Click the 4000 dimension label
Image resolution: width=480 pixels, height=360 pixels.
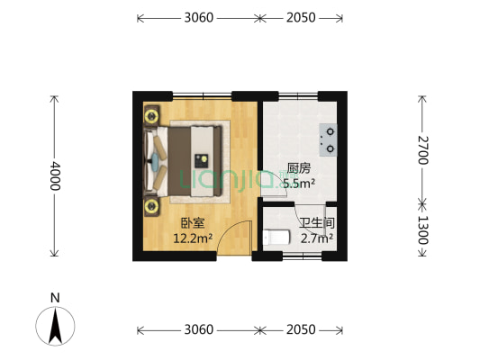[55, 175]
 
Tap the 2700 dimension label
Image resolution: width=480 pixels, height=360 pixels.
[423, 150]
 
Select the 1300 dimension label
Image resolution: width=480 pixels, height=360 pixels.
[423, 232]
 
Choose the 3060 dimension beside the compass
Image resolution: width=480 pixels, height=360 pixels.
[197, 330]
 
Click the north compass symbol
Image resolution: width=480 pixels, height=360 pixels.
[55, 326]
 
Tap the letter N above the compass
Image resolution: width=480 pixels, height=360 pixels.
[55, 297]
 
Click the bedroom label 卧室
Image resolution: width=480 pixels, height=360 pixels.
[192, 224]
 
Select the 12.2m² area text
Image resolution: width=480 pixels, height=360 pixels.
[192, 238]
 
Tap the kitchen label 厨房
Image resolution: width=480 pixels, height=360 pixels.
[298, 168]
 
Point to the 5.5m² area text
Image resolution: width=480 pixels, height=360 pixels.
[298, 184]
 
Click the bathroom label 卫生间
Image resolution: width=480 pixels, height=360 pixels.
[317, 223]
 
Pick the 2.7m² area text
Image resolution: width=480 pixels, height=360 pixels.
[317, 238]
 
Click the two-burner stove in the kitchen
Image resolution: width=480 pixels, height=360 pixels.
[329, 138]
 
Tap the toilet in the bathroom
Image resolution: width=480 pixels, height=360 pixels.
[276, 238]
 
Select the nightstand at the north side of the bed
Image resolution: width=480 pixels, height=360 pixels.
[150, 115]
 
